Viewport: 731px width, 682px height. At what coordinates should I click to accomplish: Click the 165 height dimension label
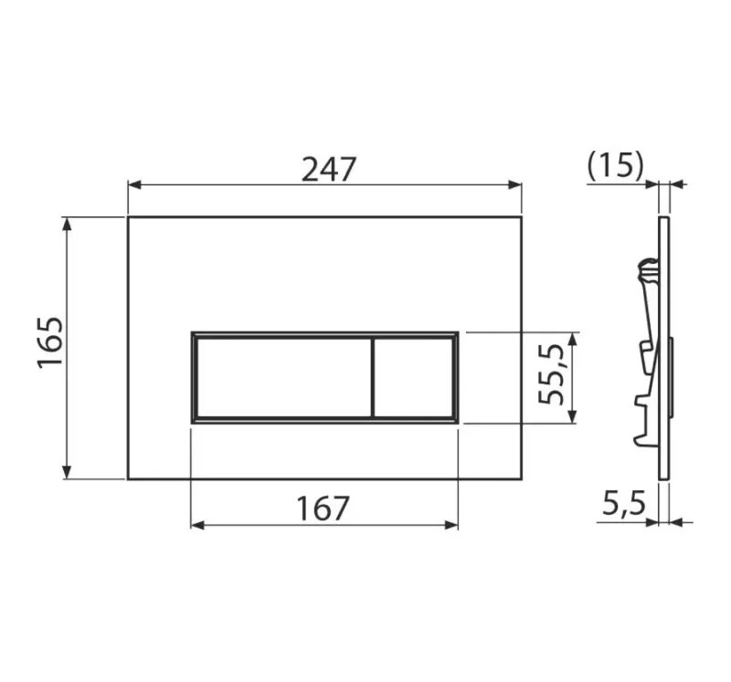50,343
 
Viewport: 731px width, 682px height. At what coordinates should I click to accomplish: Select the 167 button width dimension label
323,509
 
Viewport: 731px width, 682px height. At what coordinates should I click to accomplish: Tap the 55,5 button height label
552,374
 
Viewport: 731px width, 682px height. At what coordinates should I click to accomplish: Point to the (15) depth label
615,166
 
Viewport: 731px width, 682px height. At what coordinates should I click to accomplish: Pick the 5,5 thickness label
624,504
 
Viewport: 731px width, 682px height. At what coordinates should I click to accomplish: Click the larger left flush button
284,377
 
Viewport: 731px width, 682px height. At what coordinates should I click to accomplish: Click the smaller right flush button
414,377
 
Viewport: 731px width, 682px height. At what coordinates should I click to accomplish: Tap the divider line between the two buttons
373,377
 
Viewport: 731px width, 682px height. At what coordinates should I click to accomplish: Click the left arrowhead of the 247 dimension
134,185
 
